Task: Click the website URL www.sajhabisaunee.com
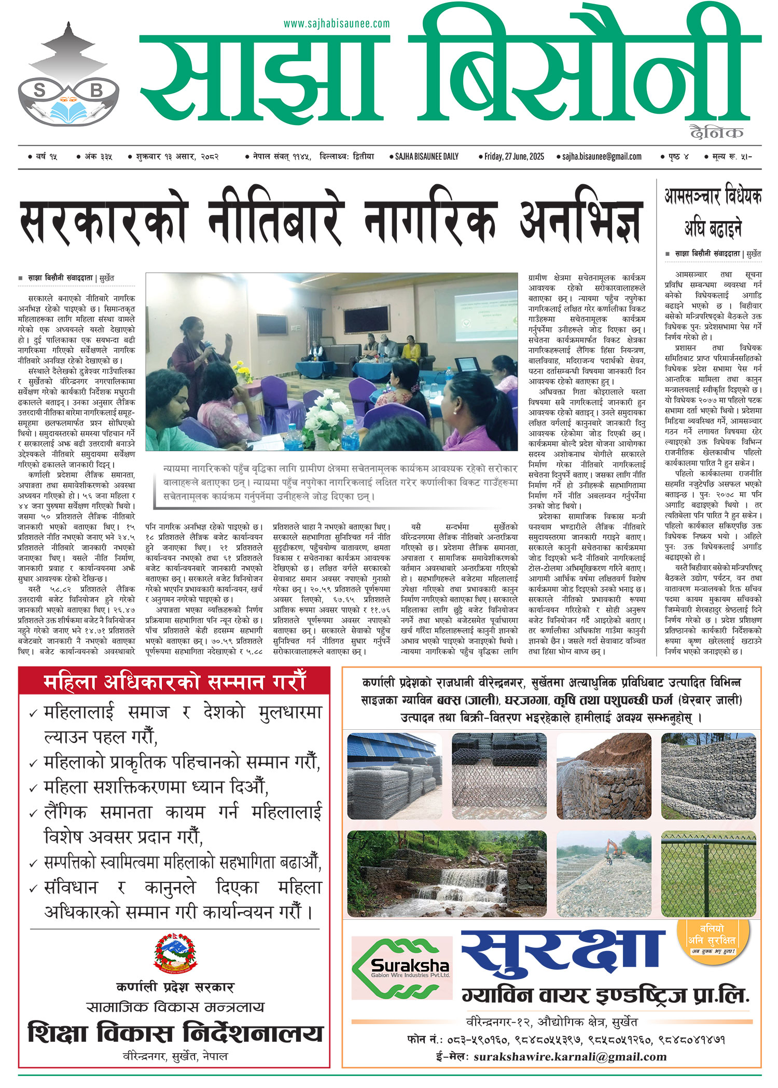coord(336,24)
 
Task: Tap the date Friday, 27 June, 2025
coord(513,156)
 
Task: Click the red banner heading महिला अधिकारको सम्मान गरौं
coord(174,682)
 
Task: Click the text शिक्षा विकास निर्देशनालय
coord(175,1032)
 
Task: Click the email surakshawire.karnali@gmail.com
coord(569,1057)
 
